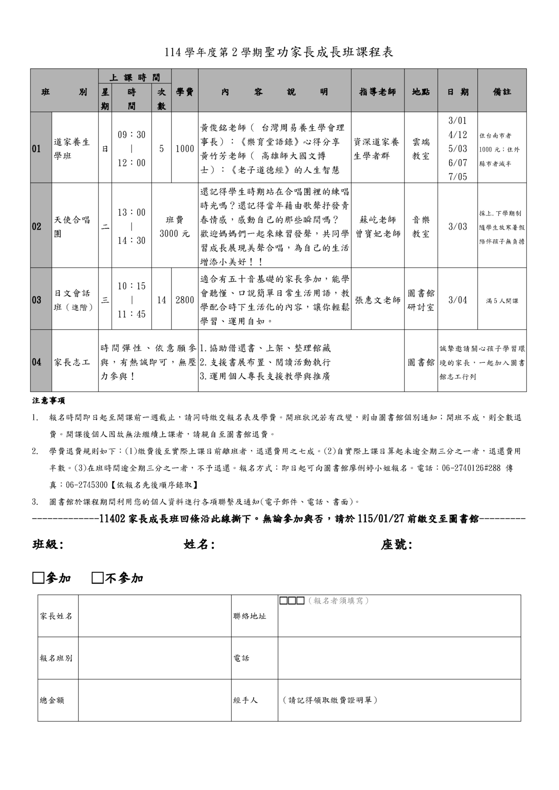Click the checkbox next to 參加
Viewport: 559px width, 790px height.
click(x=38, y=578)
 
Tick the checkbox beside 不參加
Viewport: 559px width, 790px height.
click(x=98, y=578)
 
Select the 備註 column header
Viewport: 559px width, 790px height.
click(x=502, y=92)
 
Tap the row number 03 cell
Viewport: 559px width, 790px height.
click(x=37, y=300)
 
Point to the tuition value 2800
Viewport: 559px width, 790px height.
click(x=185, y=300)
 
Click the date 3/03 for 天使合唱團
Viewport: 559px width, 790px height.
click(x=457, y=226)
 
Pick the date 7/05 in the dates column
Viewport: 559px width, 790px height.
click(x=457, y=177)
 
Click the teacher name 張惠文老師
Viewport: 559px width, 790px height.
click(x=378, y=300)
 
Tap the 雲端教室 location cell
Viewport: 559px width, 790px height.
click(x=421, y=149)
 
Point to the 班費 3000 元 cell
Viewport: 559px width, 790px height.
click(x=175, y=226)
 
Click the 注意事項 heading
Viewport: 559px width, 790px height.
click(x=49, y=401)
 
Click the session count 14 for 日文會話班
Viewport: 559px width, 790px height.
click(x=162, y=300)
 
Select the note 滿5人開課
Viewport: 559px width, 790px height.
click(x=502, y=301)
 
